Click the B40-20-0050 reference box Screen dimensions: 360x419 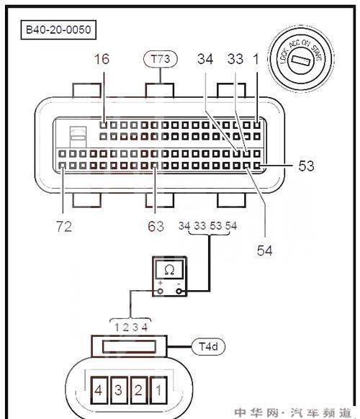pos(58,30)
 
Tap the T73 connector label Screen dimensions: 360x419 pos(161,59)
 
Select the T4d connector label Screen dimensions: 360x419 pos(209,346)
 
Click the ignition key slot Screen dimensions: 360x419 pos(300,60)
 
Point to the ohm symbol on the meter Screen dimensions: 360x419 pos(169,270)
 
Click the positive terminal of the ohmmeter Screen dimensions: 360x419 pos(160,291)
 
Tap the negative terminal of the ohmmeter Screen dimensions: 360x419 pos(179,291)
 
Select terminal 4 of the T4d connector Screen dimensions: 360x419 pos(99,390)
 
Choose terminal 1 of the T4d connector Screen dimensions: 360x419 pos(158,390)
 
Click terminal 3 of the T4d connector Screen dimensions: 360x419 pos(119,390)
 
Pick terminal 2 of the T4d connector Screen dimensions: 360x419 pos(138,390)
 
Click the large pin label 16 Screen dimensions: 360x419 pos(102,59)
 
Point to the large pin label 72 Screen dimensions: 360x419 pos(64,226)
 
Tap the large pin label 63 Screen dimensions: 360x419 pos(156,226)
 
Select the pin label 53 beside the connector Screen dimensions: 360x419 pos(306,166)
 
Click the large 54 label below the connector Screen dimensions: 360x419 pos(264,251)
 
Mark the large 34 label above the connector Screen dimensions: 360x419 pos(205,59)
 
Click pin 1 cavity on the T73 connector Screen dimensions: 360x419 pos(257,125)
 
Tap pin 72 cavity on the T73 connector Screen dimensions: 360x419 pos(62,166)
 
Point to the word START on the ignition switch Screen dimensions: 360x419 pos(316,53)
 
